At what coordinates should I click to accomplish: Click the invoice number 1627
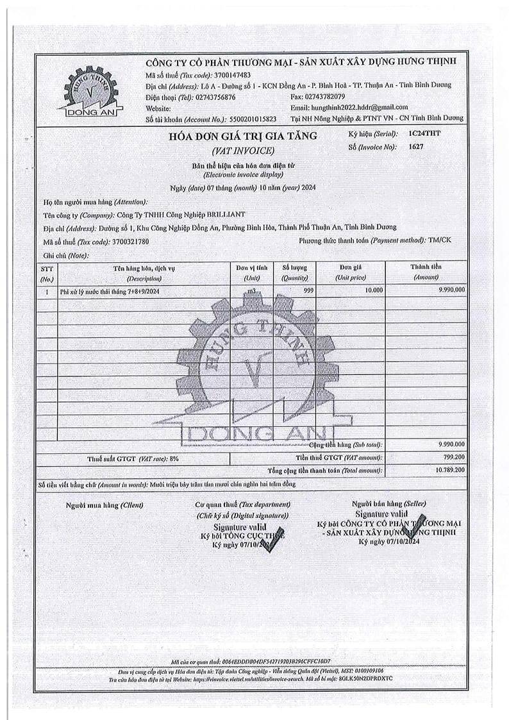(417, 147)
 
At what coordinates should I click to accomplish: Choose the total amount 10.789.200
(449, 470)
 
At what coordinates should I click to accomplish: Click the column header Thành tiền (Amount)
(426, 272)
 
